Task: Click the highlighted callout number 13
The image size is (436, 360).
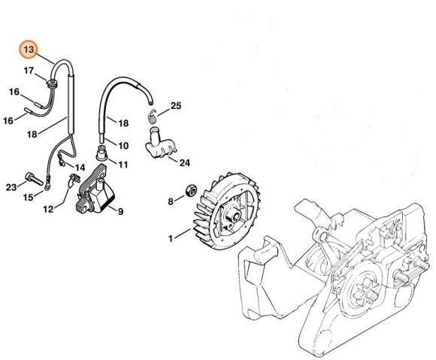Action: (x=29, y=50)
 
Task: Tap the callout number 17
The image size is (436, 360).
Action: (x=29, y=71)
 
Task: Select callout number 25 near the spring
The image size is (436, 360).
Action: (x=176, y=106)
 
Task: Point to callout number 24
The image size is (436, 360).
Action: (x=184, y=163)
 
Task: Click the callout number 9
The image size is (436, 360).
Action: (x=120, y=211)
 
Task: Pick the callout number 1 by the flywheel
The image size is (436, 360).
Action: (x=171, y=238)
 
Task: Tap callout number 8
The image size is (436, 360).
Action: (x=171, y=201)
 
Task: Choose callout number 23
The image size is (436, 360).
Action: (x=11, y=187)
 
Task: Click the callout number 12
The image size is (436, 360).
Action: (x=48, y=209)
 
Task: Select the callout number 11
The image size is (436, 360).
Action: (x=123, y=165)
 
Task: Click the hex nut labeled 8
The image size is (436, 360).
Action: (x=191, y=190)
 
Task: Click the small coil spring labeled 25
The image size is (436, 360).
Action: (x=152, y=116)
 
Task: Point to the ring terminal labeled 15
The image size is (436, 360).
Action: (x=48, y=186)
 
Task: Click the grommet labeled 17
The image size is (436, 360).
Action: (x=51, y=83)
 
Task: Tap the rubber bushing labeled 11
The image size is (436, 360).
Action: (x=101, y=153)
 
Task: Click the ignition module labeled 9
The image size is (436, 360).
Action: (x=95, y=192)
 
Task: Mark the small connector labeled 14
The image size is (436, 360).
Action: (x=61, y=162)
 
